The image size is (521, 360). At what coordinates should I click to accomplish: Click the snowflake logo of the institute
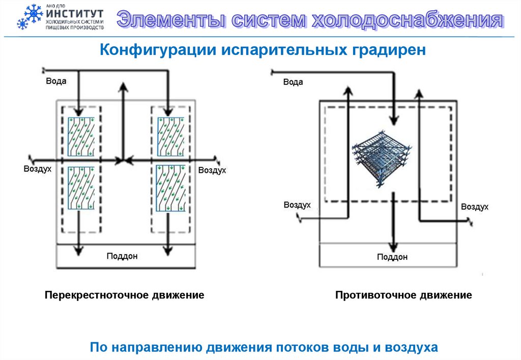pyautogui.click(x=30, y=17)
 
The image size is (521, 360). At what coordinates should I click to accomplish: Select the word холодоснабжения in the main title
pyautogui.click(x=408, y=20)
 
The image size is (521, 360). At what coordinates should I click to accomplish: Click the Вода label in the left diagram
pyautogui.click(x=56, y=80)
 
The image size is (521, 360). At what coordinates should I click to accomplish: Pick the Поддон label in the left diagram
pyautogui.click(x=122, y=256)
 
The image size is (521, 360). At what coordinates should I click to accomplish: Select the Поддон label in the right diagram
pyautogui.click(x=392, y=257)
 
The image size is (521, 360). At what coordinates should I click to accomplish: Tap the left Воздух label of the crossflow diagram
pyautogui.click(x=37, y=169)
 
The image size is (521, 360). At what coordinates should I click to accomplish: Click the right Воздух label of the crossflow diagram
pyautogui.click(x=212, y=170)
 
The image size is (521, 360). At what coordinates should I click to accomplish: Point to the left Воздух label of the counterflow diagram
pyautogui.click(x=297, y=205)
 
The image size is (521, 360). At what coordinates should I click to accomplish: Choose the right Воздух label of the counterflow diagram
pyautogui.click(x=475, y=206)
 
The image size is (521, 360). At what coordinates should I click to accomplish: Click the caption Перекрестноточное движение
pyautogui.click(x=124, y=295)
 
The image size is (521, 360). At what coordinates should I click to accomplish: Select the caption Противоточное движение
pyautogui.click(x=403, y=295)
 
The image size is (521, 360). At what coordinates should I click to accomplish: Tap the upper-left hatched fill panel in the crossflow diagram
pyautogui.click(x=81, y=137)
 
